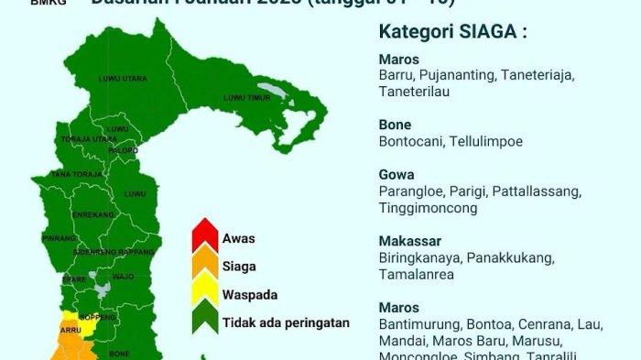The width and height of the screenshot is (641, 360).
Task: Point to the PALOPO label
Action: [123, 149]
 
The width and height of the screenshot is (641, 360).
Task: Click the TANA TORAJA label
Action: [73, 173]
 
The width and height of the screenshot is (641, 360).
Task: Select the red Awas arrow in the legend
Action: [205, 238]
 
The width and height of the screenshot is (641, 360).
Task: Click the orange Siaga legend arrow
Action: [205, 267]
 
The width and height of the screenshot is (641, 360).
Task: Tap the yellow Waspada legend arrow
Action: [205, 295]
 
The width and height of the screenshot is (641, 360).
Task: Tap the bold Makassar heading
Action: [406, 240]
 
